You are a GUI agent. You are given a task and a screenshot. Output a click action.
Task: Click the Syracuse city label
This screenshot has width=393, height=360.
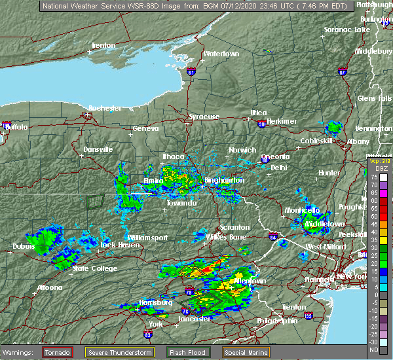click(204, 117)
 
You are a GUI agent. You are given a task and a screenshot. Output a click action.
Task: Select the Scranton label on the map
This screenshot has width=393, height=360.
click(234, 227)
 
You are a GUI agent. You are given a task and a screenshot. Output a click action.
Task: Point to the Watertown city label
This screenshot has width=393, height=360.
click(221, 54)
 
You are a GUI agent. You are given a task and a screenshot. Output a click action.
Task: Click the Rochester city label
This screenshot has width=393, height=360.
click(105, 107)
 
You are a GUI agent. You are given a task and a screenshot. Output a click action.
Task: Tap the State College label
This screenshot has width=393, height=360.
click(95, 268)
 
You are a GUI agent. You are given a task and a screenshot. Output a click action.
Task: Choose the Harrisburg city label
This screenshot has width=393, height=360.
click(155, 302)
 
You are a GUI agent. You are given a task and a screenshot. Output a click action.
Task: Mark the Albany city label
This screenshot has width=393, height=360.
click(358, 141)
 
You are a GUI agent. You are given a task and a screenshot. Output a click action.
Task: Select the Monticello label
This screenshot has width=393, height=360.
click(302, 210)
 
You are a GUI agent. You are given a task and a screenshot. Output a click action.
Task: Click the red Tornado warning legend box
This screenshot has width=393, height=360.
click(58, 351)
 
